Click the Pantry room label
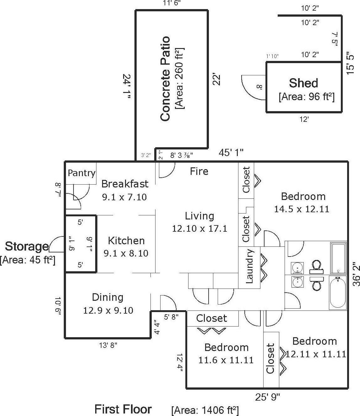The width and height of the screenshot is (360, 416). [x=82, y=173]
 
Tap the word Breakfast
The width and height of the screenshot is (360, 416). [x=125, y=184]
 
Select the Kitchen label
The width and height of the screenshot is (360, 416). [x=126, y=241]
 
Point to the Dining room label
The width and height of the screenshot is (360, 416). [x=107, y=298]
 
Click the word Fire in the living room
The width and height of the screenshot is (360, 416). [x=199, y=171]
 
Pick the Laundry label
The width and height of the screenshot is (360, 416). [x=249, y=266]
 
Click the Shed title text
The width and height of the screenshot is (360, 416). [x=303, y=83]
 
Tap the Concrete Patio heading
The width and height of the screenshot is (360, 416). [x=165, y=79]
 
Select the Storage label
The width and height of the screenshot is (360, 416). [x=27, y=246]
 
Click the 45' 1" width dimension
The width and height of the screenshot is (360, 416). [x=231, y=153]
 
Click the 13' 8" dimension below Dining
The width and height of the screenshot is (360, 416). [x=108, y=345]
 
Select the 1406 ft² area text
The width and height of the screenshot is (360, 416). [x=205, y=409]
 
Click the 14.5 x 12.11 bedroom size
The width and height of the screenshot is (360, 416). [x=302, y=209]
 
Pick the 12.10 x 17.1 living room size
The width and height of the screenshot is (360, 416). [x=199, y=229]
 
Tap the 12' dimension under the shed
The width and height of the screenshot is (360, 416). [x=304, y=120]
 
